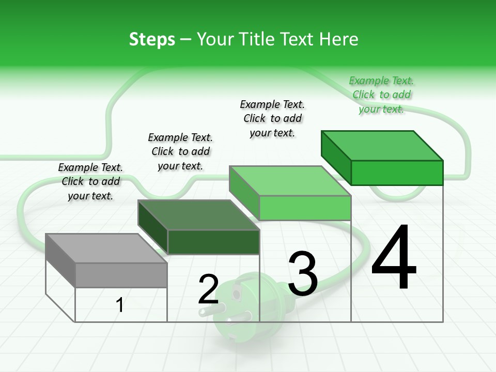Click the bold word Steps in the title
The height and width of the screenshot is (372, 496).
152,39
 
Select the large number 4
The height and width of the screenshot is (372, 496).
394,258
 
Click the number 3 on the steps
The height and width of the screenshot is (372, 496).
303,274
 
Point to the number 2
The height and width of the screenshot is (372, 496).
208,289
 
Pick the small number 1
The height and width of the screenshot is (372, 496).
120,305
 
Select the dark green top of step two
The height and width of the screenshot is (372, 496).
199,215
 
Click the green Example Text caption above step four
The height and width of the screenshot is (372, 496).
382,95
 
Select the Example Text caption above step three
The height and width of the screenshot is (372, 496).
272,118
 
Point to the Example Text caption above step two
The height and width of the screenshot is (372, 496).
180,151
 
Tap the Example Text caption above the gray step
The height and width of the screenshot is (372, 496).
90,181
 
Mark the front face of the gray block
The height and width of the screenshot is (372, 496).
121,275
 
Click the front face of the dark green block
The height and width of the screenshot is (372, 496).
213,242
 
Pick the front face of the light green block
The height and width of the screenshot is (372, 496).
305,208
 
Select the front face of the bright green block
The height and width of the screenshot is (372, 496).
397,173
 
